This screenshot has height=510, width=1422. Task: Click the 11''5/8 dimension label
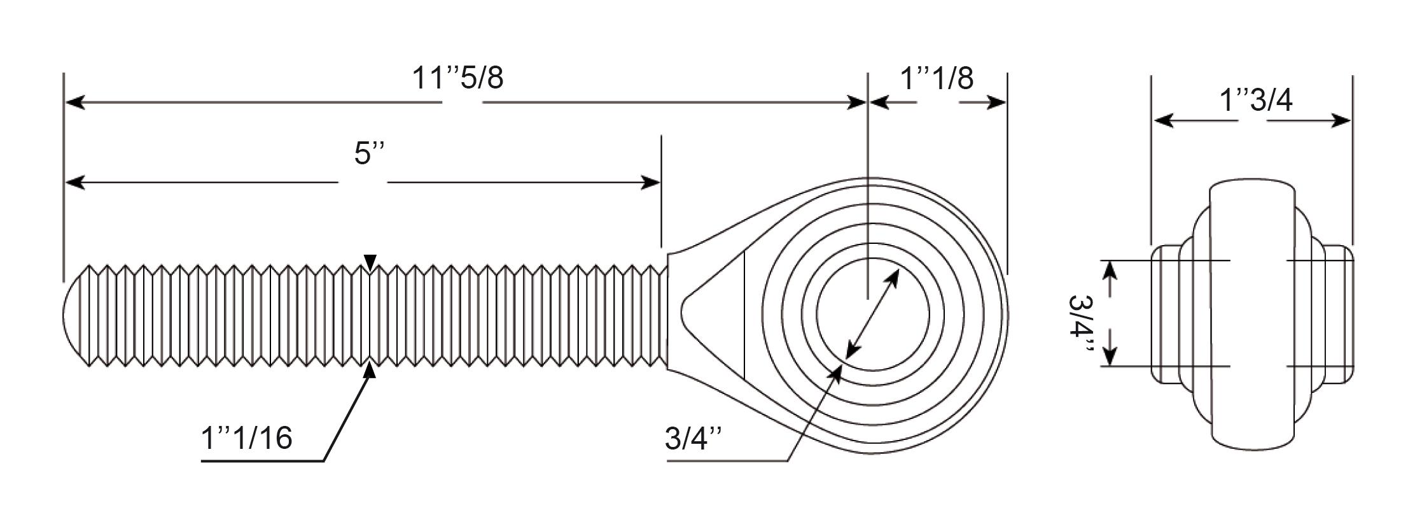tap(457, 78)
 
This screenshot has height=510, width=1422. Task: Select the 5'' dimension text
tap(370, 153)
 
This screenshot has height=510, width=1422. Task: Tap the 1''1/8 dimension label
tap(937, 78)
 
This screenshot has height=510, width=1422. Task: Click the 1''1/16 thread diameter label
tap(247, 438)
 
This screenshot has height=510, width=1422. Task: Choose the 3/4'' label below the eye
tap(694, 439)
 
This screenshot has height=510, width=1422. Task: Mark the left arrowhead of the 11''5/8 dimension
tap(75, 102)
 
